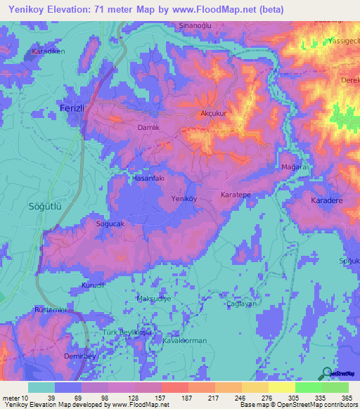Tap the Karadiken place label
click(x=48, y=52)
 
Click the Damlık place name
click(x=148, y=126)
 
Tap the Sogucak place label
click(x=110, y=224)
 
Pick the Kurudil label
click(x=92, y=285)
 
